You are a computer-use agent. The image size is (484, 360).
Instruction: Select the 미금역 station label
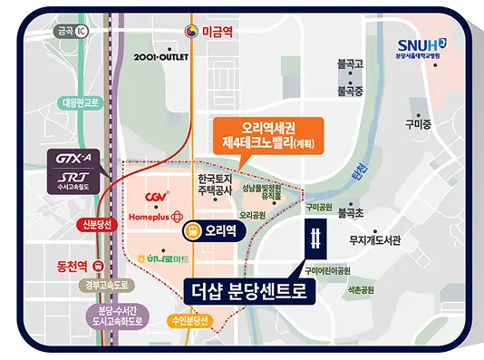click(215, 31)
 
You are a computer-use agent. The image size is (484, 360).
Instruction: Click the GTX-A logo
click(74, 158)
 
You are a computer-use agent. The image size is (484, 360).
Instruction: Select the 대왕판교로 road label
click(82, 102)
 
